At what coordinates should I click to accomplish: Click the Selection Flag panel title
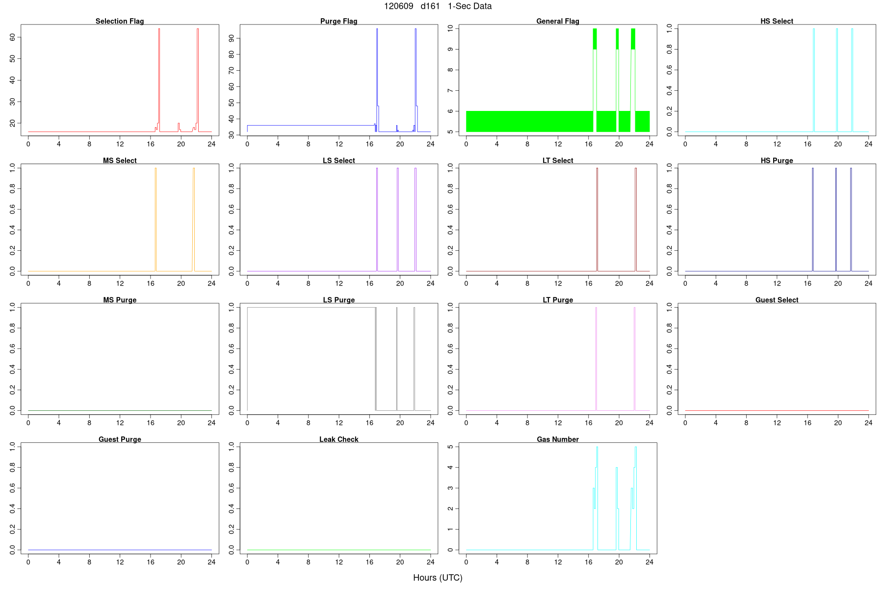coord(120,21)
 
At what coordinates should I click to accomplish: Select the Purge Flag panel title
coord(338,21)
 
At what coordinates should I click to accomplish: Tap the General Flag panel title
coord(558,21)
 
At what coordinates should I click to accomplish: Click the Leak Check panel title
coord(338,439)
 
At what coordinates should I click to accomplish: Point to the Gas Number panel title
coord(558,439)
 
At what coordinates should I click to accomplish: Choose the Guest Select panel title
coord(777,300)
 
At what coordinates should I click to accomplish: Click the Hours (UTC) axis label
coord(438,578)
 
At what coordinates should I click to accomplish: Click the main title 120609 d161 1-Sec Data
coord(438,6)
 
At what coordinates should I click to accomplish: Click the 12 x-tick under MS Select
coord(120,283)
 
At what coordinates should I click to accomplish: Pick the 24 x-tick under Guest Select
coord(868,423)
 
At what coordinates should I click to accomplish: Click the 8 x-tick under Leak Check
coord(309,562)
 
